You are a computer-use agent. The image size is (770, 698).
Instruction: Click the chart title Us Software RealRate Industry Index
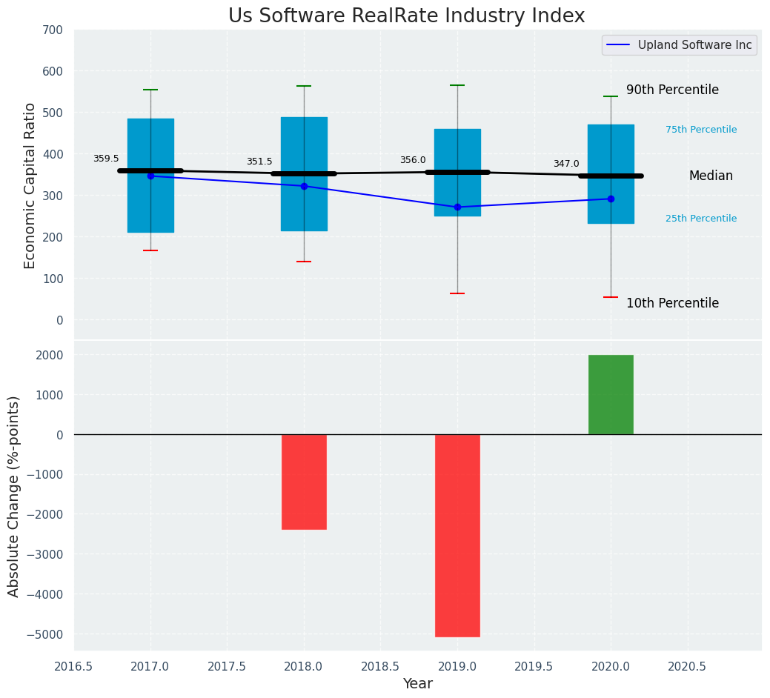[406, 16]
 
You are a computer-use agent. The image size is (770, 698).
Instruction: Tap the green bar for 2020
[611, 395]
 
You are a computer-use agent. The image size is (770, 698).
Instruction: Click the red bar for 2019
[457, 535]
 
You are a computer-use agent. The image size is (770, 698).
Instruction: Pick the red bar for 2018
[304, 482]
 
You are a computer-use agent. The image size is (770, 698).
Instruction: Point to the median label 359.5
[106, 159]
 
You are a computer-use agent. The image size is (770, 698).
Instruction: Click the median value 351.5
[259, 162]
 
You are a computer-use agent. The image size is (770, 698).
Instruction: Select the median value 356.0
[413, 160]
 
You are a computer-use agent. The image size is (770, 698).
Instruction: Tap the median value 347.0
[566, 164]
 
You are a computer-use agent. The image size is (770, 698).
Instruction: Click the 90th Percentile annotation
[672, 90]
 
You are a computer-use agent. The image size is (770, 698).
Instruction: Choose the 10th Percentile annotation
[672, 303]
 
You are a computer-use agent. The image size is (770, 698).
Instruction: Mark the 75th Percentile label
[701, 130]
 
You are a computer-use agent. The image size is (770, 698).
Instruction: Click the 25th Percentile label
[701, 219]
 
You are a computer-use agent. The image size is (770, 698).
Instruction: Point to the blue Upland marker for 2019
[457, 207]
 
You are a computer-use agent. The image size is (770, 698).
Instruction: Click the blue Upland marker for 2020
[611, 199]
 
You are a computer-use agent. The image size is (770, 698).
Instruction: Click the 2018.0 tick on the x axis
[304, 666]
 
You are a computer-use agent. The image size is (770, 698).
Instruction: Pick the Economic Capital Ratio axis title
[30, 185]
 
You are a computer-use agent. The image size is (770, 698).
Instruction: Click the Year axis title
[418, 684]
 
